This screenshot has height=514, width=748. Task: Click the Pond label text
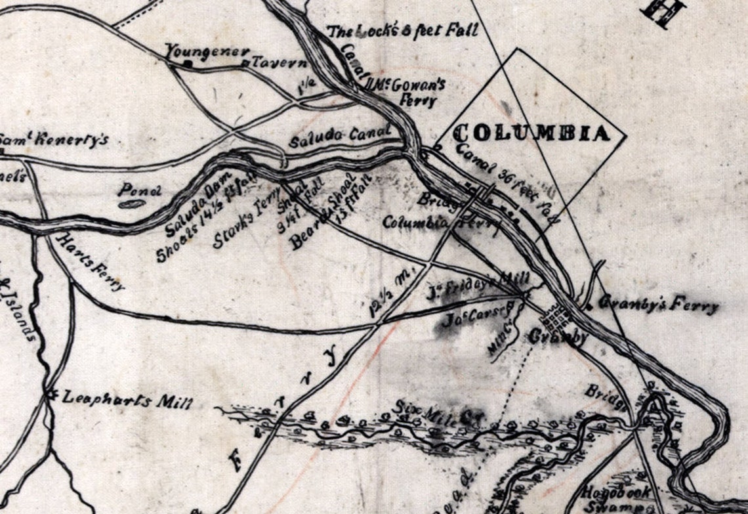139,191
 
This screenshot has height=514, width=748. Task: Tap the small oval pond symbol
131,204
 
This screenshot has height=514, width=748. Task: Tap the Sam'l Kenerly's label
52,140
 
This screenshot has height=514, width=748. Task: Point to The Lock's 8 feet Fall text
402,32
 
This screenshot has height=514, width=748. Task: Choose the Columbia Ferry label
441,225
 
